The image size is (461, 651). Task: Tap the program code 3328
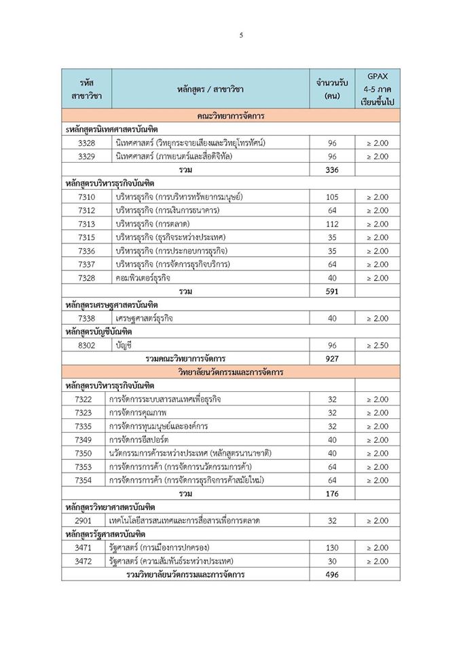point(86,142)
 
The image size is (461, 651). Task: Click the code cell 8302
point(86,345)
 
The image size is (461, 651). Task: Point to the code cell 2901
point(86,521)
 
